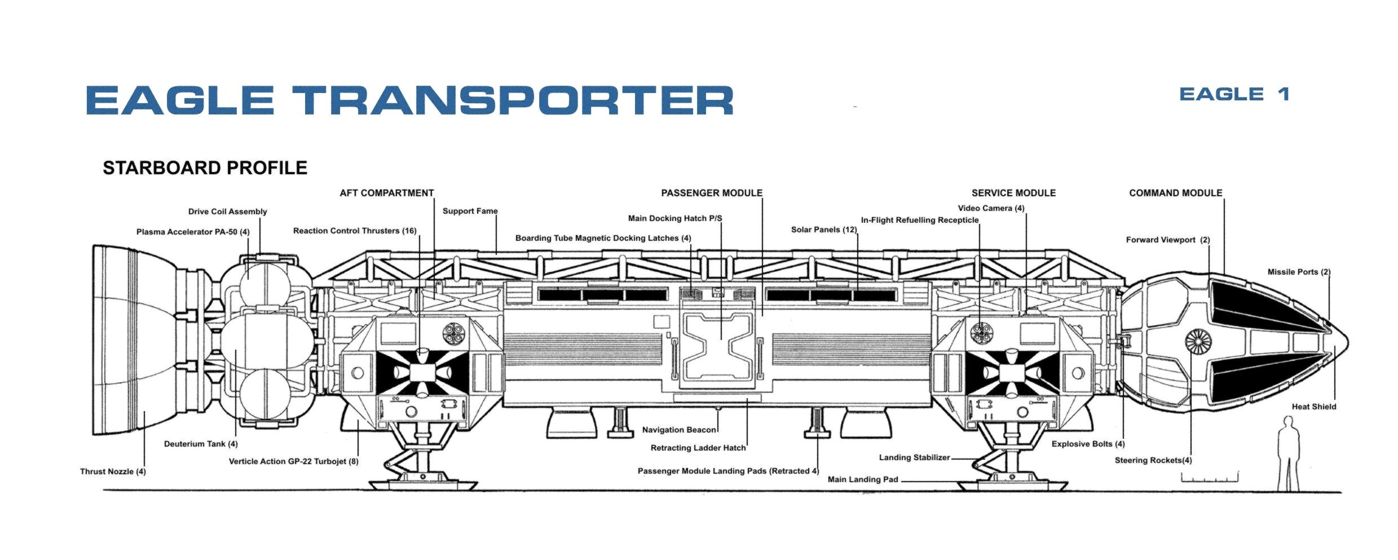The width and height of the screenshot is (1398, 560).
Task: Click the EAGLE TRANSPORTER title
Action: tap(409, 100)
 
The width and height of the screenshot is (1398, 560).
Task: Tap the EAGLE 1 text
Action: tap(1234, 94)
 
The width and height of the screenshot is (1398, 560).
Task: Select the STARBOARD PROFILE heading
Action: tap(205, 167)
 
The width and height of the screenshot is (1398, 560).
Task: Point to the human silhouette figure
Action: tap(1288, 453)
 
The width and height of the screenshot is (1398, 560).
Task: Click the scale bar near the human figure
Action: tap(1210, 478)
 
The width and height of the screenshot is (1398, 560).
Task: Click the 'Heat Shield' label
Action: tap(1314, 407)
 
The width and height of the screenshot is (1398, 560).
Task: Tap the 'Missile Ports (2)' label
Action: tap(1299, 272)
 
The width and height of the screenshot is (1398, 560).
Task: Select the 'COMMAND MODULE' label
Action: tap(1176, 193)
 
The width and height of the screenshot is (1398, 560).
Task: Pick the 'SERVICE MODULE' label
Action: tap(1013, 193)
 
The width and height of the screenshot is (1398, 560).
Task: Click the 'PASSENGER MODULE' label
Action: tap(712, 193)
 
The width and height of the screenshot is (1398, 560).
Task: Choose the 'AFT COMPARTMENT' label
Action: tap(387, 193)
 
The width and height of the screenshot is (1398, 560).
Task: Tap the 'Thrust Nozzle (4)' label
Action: tap(113, 471)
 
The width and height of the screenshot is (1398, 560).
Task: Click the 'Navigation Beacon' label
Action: tap(679, 430)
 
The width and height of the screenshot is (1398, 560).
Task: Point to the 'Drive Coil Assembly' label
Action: tap(228, 211)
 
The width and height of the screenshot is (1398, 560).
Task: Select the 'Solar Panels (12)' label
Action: tap(824, 230)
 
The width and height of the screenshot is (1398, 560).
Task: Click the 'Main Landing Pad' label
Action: tap(863, 479)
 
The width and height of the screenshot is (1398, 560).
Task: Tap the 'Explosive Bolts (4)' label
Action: tap(1088, 444)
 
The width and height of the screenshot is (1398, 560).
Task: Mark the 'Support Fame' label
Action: tap(470, 211)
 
